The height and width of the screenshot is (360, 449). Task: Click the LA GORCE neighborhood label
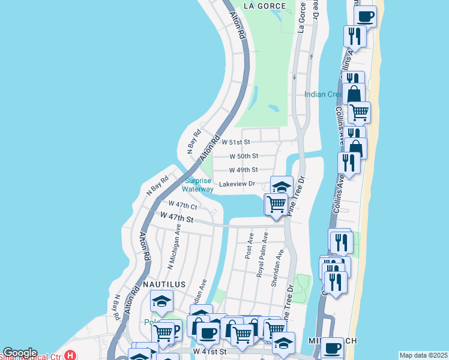coord(267,6)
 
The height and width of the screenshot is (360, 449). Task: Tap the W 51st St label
coord(235,142)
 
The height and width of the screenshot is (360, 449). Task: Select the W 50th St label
coord(244,156)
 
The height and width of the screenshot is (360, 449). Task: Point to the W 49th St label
coord(244,170)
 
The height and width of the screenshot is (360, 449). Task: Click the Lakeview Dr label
coord(237,184)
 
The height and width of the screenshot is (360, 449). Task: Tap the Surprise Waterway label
coord(198,185)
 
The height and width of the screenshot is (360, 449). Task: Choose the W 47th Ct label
coord(182,205)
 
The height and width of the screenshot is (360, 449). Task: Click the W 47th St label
coord(176,217)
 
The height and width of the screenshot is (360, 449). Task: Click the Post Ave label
coord(249,247)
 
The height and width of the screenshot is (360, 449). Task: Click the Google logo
coord(20,353)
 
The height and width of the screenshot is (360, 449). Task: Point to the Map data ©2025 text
coord(423,355)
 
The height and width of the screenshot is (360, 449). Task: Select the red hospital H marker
coord(71,355)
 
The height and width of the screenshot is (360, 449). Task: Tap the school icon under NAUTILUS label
coord(161,301)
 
